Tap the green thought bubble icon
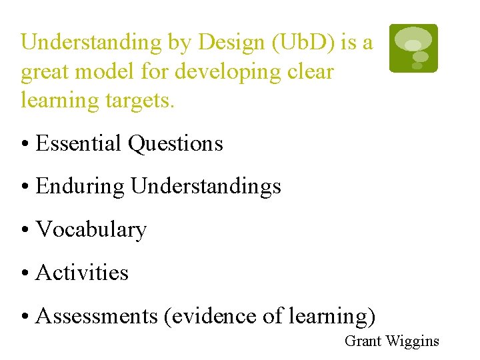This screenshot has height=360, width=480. point(413,48)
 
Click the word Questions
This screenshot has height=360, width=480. point(175,143)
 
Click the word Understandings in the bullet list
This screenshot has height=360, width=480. point(206,187)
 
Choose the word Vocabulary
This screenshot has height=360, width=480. point(91,229)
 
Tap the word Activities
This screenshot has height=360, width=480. point(82,272)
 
